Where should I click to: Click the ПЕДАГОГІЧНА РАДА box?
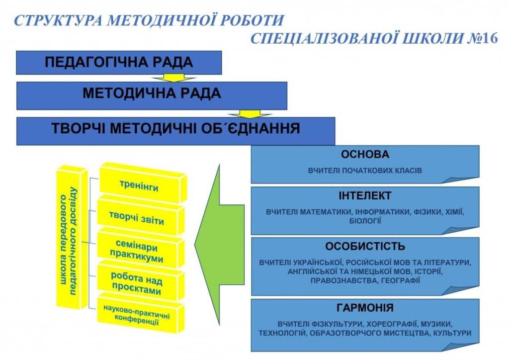[x=119, y=63]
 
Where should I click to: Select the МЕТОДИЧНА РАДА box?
[x=152, y=96]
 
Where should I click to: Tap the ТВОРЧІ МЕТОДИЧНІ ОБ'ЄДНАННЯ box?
[x=175, y=131]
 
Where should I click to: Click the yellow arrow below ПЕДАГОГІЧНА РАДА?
[x=173, y=78]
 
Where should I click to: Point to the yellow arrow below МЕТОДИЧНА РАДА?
[x=250, y=113]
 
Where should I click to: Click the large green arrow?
[x=219, y=245]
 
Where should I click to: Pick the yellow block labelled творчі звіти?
[x=141, y=215]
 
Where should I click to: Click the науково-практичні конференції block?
[x=141, y=313]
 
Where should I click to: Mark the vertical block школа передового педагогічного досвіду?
[x=72, y=238]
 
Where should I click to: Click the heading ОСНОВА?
[x=365, y=154]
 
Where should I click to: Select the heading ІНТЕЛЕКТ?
[x=365, y=196]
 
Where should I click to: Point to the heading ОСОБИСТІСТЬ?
[x=365, y=247]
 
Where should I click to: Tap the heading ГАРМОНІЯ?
[x=365, y=307]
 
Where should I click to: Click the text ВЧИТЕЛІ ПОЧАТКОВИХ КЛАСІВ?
[x=365, y=171]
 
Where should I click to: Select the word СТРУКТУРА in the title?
[x=59, y=20]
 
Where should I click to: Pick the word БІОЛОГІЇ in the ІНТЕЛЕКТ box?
[x=365, y=221]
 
